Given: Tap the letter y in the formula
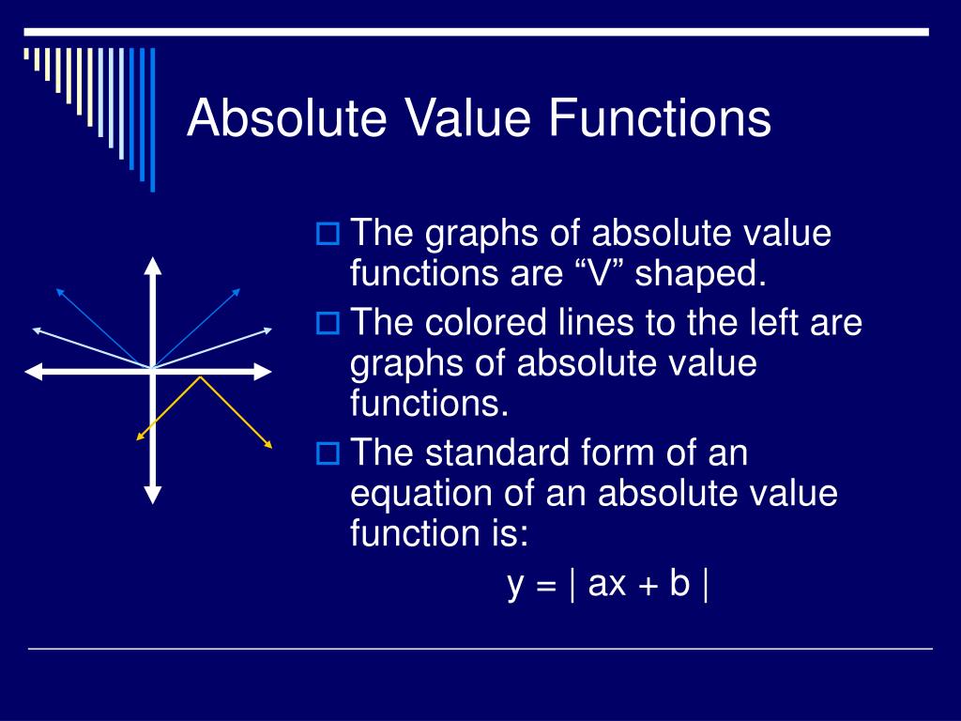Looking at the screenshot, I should (516, 585).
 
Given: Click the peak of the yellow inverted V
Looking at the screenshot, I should (201, 377).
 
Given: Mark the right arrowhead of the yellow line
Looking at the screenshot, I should (268, 444).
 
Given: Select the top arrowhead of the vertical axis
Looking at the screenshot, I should (153, 265).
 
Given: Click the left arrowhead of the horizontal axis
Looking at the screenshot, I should (34, 373).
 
